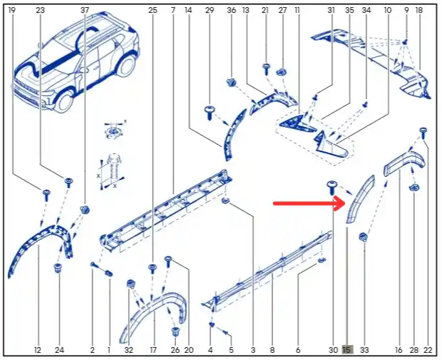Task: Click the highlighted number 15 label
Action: (348, 350)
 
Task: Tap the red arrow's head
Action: (340, 203)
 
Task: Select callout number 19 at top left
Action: (12, 10)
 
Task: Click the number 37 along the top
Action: (85, 10)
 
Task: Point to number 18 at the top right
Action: (419, 10)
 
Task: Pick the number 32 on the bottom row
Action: (129, 350)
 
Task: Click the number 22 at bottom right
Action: (428, 350)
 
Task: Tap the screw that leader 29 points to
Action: (210, 113)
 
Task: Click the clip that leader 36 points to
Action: (232, 82)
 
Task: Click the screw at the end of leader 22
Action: (423, 133)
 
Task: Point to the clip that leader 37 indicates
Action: (85, 210)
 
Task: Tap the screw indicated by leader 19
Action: (46, 195)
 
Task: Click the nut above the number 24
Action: (58, 268)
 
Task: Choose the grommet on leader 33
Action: (363, 237)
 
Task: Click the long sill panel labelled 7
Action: (166, 209)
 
